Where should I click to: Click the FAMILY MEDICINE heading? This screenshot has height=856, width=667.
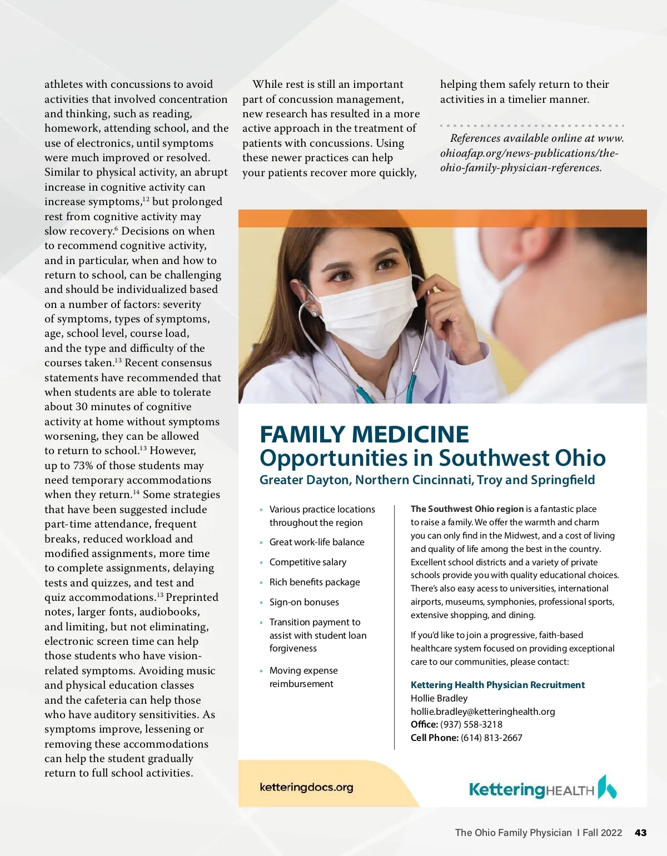[364, 435]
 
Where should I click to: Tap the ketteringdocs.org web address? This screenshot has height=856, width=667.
[306, 787]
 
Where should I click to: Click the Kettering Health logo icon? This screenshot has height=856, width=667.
[607, 787]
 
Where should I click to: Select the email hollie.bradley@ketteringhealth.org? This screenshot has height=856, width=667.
[482, 711]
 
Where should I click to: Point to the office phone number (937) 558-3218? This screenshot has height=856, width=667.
[471, 725]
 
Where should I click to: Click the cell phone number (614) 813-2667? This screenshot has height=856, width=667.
[491, 738]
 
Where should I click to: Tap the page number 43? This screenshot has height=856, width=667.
[640, 833]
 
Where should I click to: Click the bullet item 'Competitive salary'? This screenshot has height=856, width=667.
[307, 562]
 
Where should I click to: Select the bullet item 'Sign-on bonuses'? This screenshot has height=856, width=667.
[304, 602]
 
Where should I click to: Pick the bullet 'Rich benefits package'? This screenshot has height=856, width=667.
[315, 582]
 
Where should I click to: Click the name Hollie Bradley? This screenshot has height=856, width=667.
[439, 698]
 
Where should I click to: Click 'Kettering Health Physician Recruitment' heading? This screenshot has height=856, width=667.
[497, 685]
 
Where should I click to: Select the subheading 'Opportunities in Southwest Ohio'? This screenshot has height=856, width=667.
[432, 458]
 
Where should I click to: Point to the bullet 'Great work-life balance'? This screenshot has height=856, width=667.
[317, 542]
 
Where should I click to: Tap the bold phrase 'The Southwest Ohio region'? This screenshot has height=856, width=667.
[467, 509]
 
